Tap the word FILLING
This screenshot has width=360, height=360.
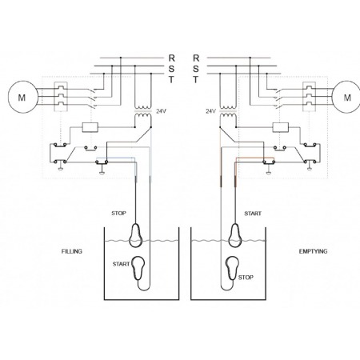[x=72, y=251]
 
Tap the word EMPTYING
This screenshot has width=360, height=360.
[x=313, y=251]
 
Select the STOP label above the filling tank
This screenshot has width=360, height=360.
[x=118, y=213]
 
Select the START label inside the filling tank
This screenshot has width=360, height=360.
[x=121, y=264]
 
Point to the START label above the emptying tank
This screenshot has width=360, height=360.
[x=253, y=214]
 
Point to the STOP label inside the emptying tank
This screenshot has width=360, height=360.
[x=246, y=278]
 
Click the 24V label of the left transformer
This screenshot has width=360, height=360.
[x=161, y=111]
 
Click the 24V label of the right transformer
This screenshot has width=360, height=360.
[x=210, y=111]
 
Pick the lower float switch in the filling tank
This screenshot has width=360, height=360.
[x=139, y=268]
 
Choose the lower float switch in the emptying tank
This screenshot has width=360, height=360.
[x=232, y=268]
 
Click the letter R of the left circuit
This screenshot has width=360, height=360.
[x=171, y=58]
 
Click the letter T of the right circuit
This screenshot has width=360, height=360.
[x=196, y=79]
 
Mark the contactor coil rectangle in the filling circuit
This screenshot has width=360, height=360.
[x=90, y=127]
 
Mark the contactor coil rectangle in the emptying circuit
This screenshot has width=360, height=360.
[x=281, y=127]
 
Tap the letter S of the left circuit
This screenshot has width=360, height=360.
[x=171, y=69]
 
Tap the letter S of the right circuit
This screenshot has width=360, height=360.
[x=196, y=69]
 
